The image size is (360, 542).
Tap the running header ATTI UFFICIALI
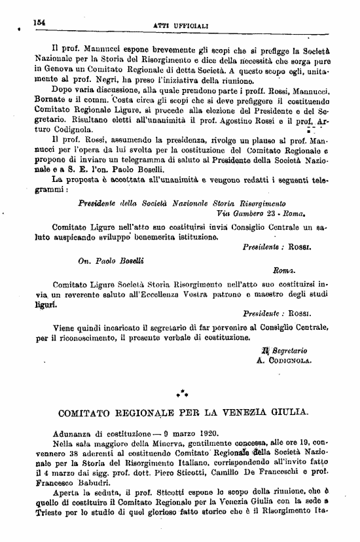[x=180, y=24]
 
